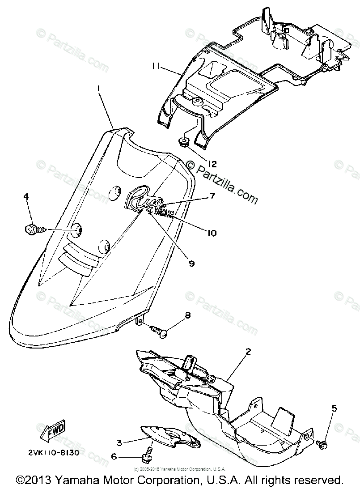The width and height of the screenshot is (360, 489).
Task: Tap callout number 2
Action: pyautogui.click(x=248, y=353)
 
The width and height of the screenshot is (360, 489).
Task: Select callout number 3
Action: pyautogui.click(x=119, y=443)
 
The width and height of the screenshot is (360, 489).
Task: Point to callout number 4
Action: pyautogui.click(x=26, y=196)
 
